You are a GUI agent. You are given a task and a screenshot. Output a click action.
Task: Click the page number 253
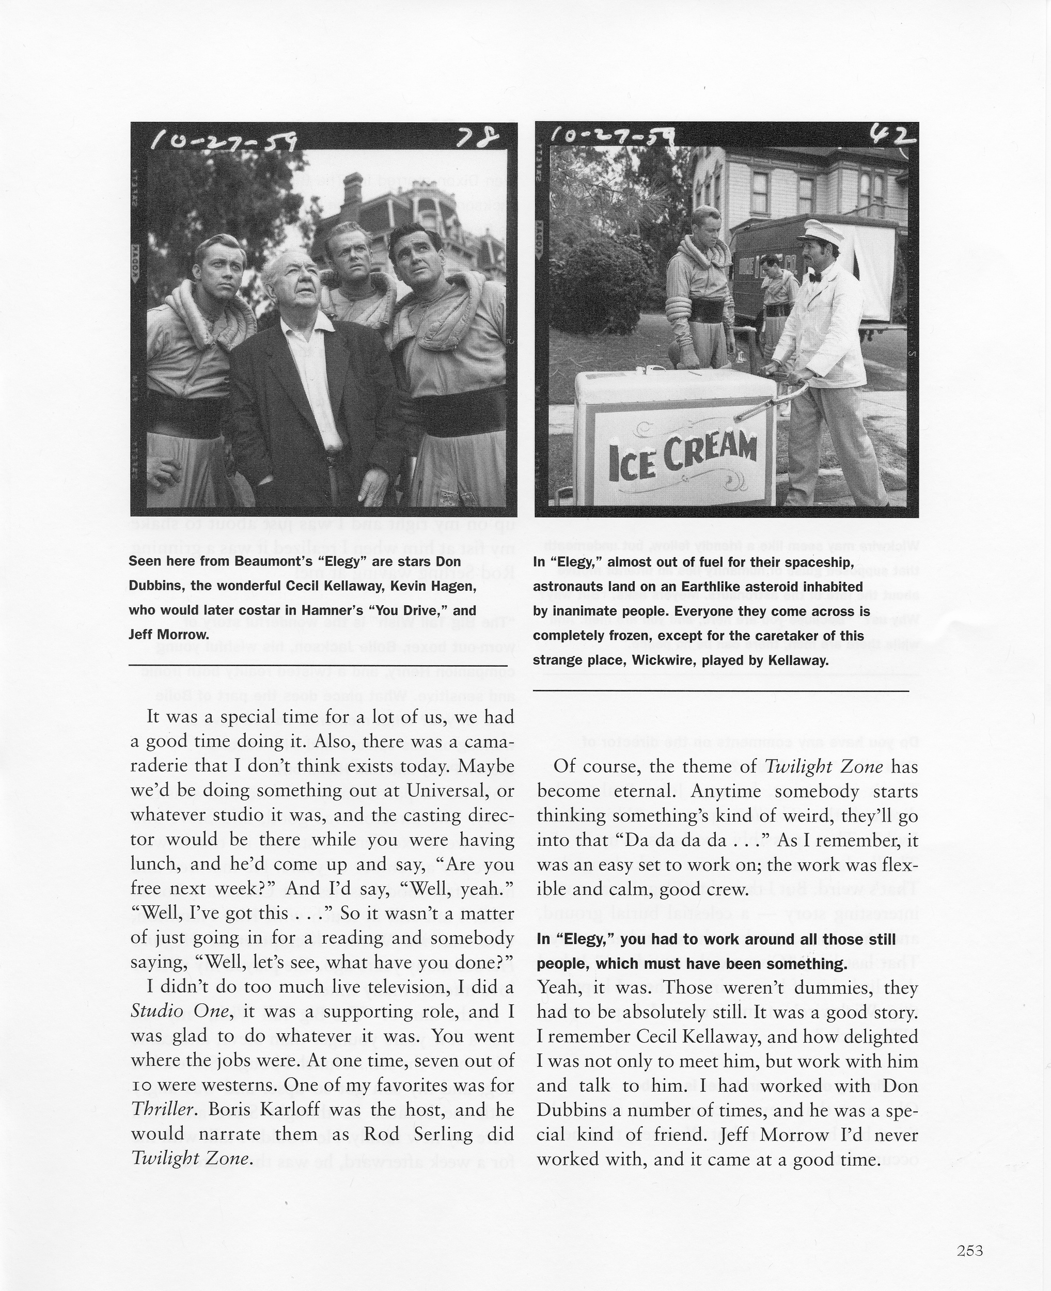970,1250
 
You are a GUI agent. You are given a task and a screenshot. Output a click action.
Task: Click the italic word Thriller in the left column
164,1110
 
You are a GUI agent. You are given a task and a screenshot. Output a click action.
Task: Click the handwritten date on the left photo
224,143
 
